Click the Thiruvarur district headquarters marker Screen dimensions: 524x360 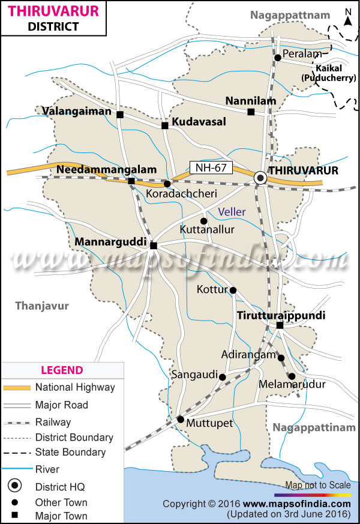[x=261, y=177]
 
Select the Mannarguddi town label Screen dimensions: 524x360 [x=111, y=242]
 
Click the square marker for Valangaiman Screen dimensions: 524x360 [x=120, y=114]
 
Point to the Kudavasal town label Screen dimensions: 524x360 [x=199, y=122]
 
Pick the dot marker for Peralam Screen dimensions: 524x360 [x=278, y=58]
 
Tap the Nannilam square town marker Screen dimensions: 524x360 [x=251, y=112]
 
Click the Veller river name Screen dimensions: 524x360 [x=232, y=211]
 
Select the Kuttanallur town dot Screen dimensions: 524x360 [x=203, y=220]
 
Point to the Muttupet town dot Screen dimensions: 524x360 [x=180, y=419]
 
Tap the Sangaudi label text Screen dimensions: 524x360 [x=194, y=375]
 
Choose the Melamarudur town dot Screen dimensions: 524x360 [x=292, y=376]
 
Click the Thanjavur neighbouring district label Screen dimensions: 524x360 [x=42, y=306]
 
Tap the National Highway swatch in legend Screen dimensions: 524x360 [x=16, y=388]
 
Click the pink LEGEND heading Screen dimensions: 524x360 [x=62, y=370]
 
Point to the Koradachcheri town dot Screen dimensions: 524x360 [x=167, y=184]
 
